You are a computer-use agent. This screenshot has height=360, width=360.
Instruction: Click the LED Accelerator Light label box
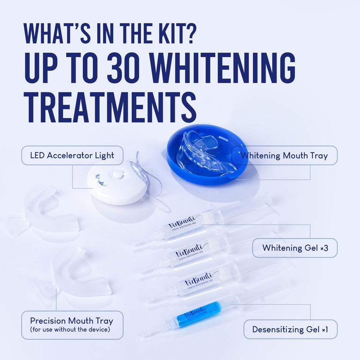click(72, 156)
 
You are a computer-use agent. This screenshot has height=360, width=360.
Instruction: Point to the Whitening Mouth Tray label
click(284, 156)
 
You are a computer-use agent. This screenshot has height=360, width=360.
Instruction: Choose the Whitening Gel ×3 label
click(294, 248)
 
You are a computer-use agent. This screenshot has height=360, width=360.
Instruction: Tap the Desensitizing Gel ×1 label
click(290, 329)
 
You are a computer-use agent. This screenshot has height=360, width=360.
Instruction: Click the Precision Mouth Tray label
click(72, 321)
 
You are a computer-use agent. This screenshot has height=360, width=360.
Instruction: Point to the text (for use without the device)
click(72, 331)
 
